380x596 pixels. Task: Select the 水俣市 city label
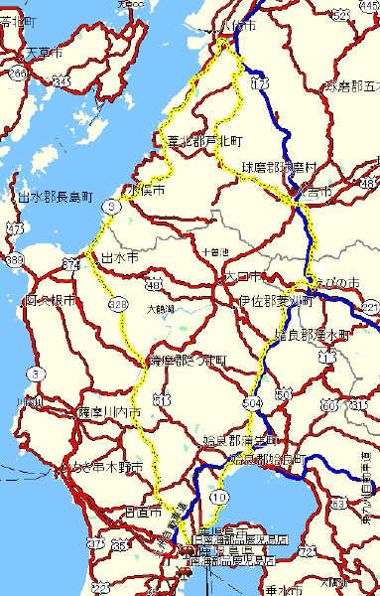tap(145, 188)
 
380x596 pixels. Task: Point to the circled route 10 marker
tap(219, 495)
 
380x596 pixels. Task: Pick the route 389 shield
tap(14, 258)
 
